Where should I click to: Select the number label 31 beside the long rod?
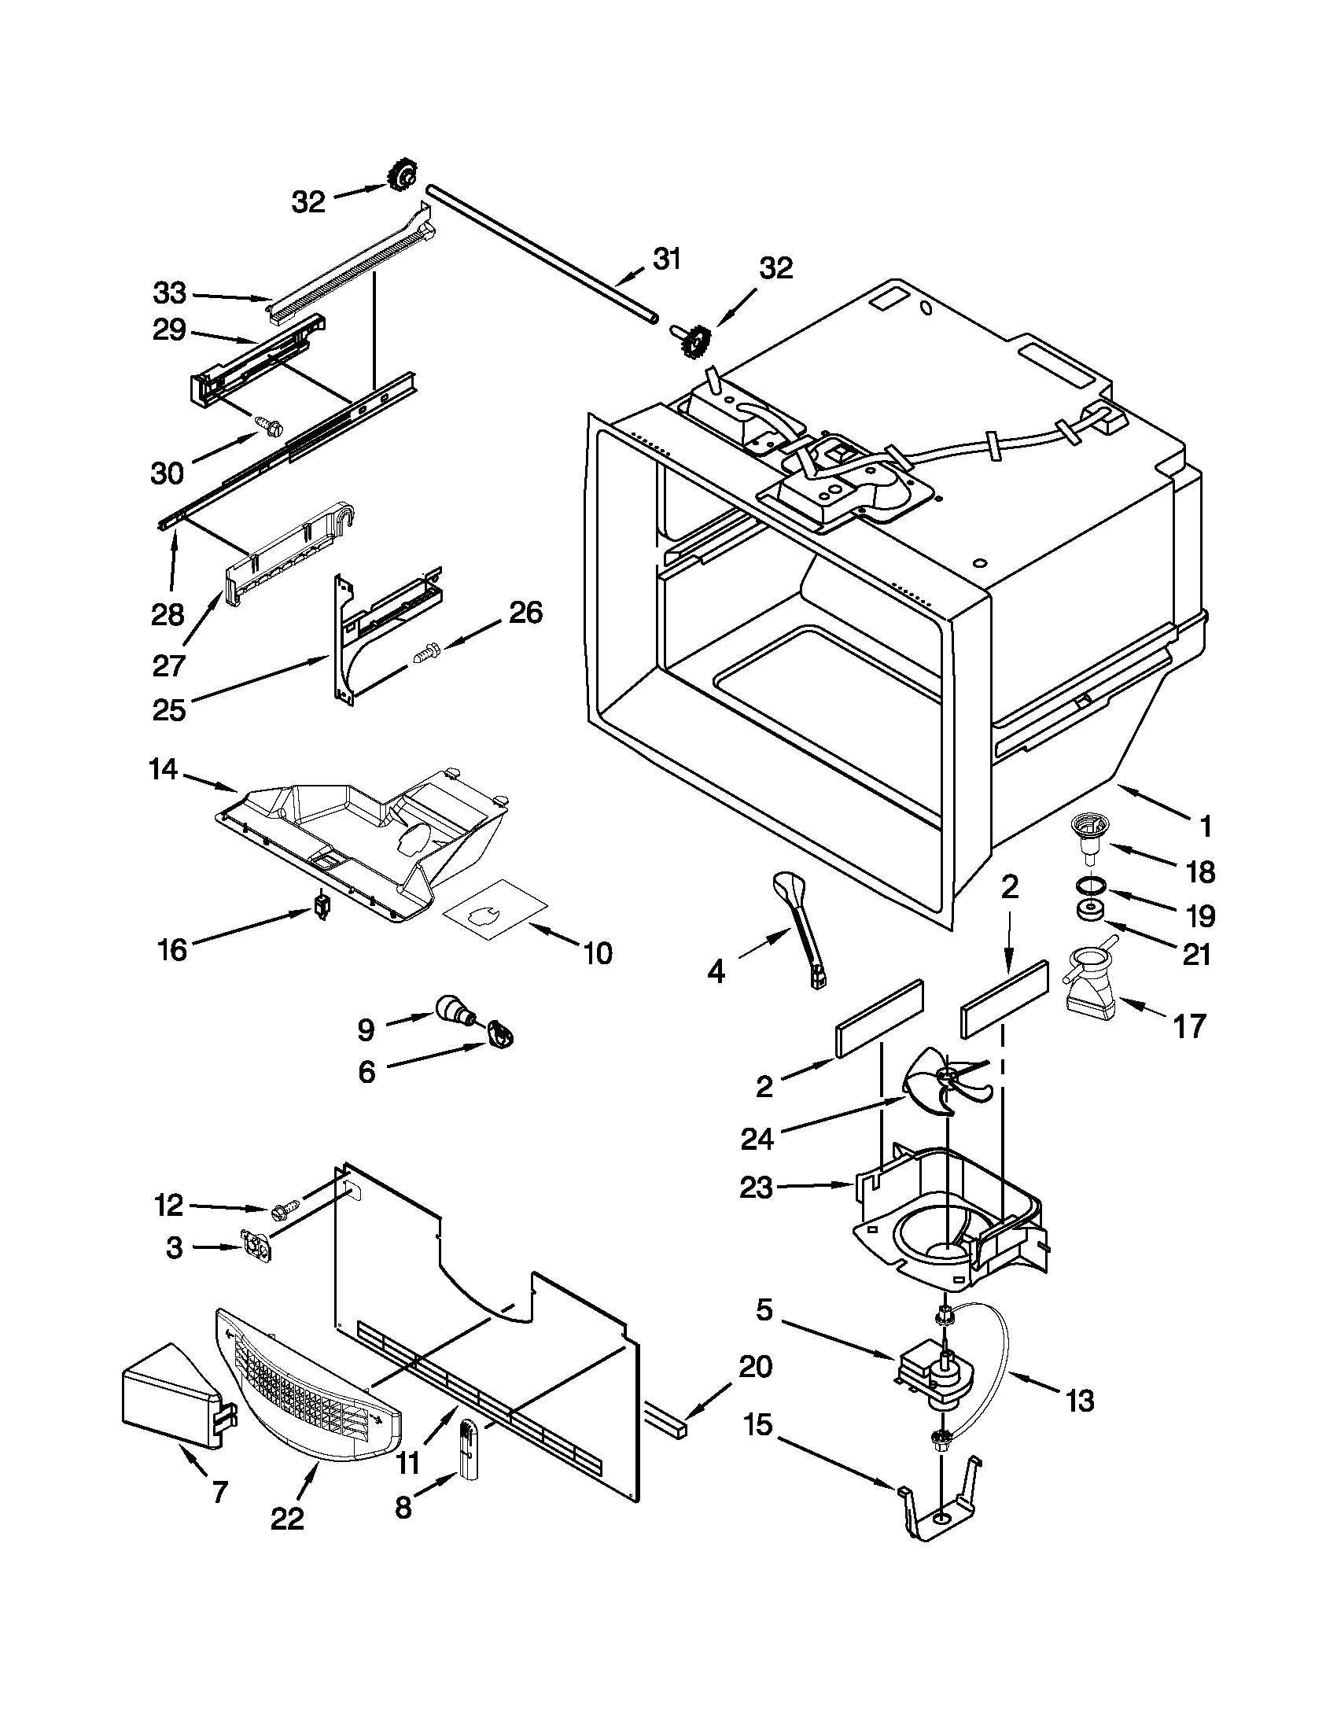coord(666,259)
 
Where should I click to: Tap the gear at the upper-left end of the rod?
coord(403,175)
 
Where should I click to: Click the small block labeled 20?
coord(667,1419)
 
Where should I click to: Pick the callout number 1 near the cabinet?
coord(1205,827)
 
